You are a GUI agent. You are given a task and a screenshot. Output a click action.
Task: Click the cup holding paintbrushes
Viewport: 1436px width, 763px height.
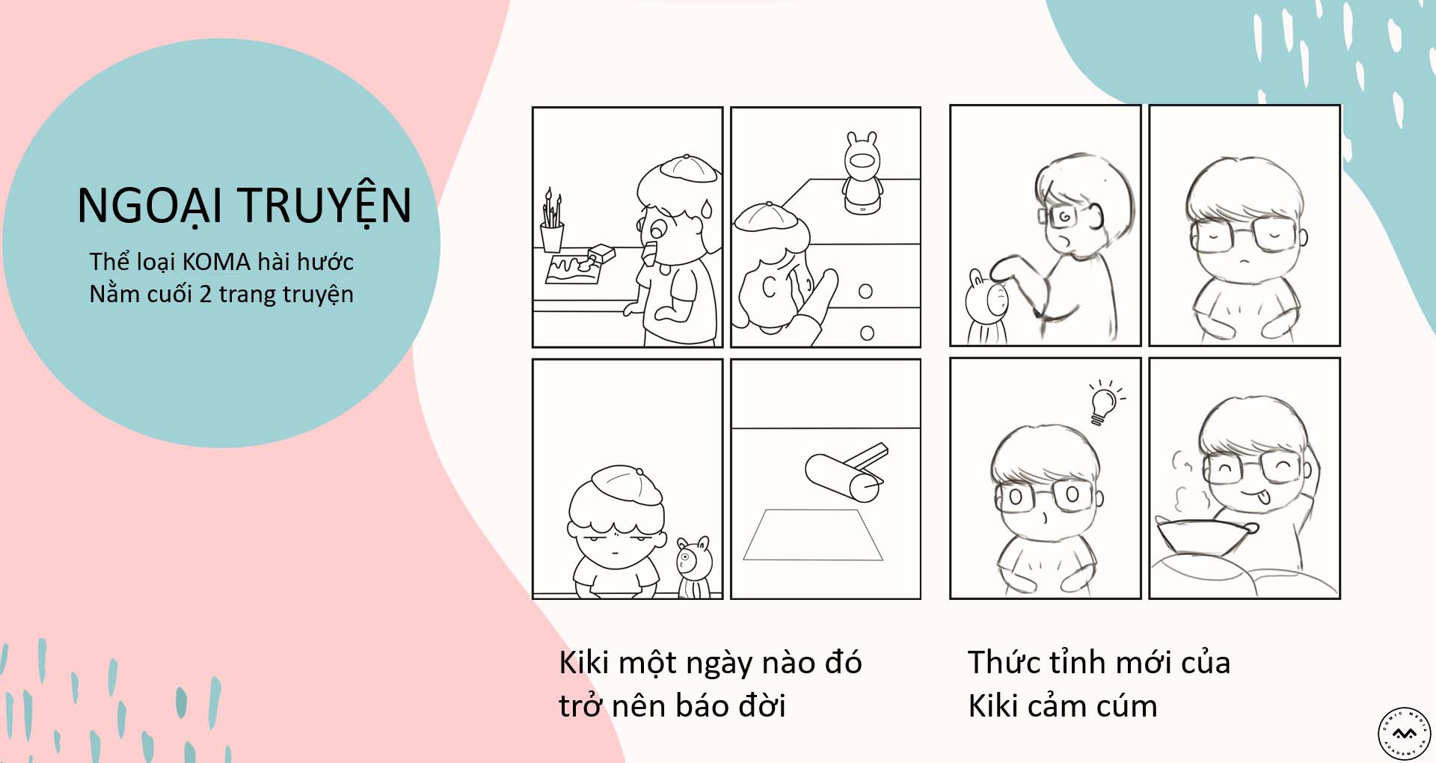pyautogui.click(x=552, y=236)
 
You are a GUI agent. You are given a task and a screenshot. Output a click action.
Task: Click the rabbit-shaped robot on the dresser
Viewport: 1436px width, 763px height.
pyautogui.click(x=862, y=174)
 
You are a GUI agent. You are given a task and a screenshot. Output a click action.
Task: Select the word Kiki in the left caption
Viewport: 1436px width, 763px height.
pyautogui.click(x=585, y=663)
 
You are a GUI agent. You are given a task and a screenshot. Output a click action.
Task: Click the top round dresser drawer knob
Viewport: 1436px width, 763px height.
pyautogui.click(x=865, y=291)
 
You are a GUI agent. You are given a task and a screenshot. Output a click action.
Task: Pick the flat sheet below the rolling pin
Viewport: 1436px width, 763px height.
pyautogui.click(x=813, y=535)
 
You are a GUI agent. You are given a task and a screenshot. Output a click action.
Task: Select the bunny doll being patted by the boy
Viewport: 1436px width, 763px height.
pyautogui.click(x=988, y=305)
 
